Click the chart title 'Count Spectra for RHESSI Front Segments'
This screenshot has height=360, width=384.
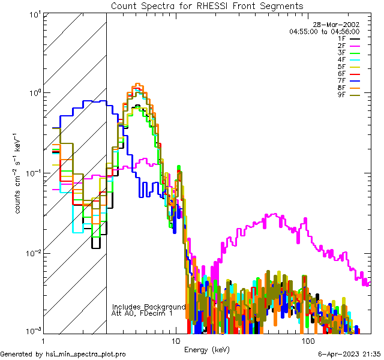click(207, 6)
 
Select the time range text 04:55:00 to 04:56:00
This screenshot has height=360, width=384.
click(324, 31)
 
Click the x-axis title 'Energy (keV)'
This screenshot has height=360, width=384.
click(207, 350)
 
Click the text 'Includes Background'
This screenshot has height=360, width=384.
click(149, 307)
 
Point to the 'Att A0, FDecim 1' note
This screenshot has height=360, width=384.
click(142, 313)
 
